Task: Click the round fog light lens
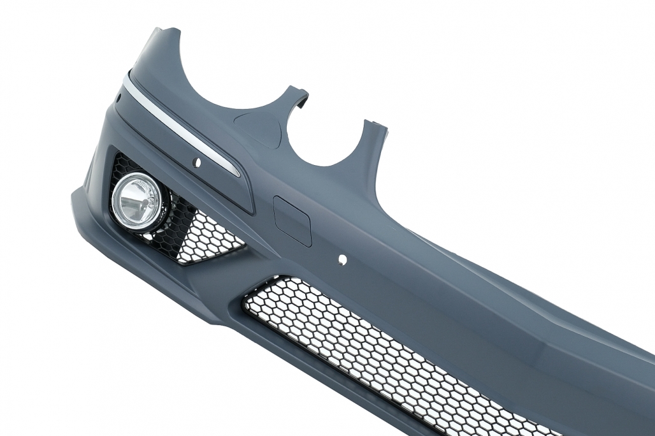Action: pyautogui.click(x=136, y=200)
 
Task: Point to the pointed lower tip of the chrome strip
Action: pyautogui.click(x=238, y=174)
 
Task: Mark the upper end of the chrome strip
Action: pyautogui.click(x=125, y=78)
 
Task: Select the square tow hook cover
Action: pyautogui.click(x=292, y=220)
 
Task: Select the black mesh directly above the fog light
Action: pyautogui.click(x=127, y=163)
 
